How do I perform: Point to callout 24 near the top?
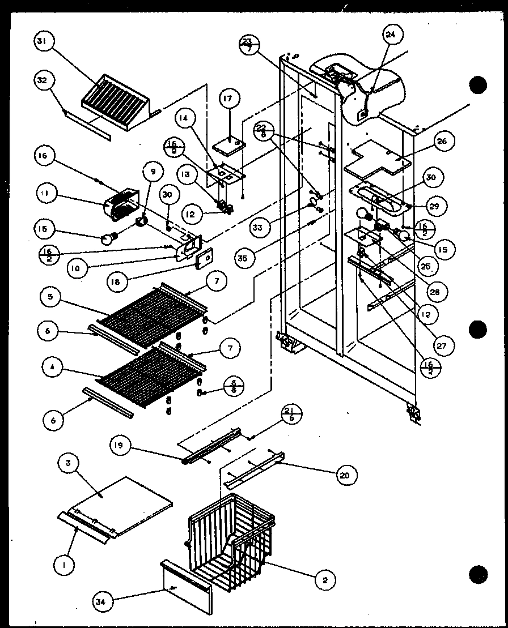(391, 35)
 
